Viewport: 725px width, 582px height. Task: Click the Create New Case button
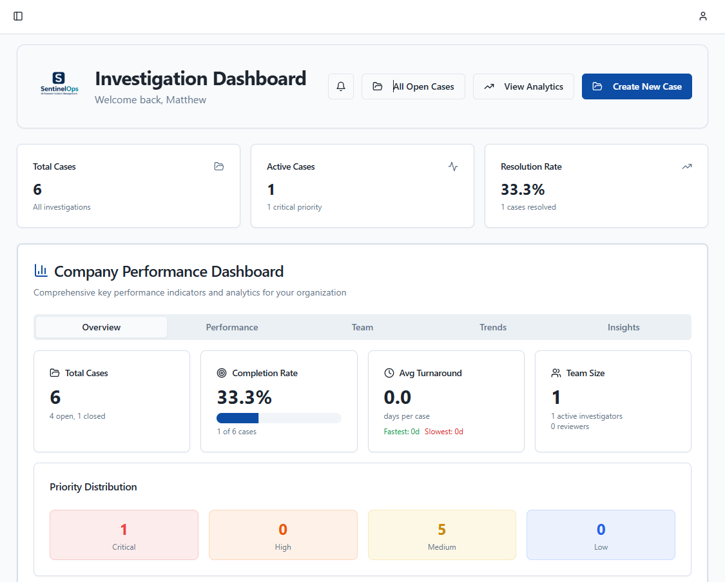tap(637, 86)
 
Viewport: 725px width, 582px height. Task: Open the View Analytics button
tap(523, 86)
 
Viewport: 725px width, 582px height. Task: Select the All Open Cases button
tap(413, 86)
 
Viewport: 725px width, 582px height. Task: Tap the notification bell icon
tap(341, 86)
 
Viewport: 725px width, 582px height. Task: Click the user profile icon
tap(703, 16)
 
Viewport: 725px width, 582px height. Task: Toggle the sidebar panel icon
tap(18, 16)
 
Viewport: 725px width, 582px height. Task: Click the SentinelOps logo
tap(59, 84)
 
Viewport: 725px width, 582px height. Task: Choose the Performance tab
tap(232, 327)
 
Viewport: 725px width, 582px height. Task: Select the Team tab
tap(362, 327)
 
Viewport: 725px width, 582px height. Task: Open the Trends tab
tap(493, 327)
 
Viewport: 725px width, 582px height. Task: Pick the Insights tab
tap(623, 327)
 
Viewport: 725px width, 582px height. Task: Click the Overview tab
tap(101, 327)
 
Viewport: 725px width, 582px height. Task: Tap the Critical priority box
tap(124, 535)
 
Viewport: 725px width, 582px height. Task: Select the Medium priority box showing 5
tap(441, 535)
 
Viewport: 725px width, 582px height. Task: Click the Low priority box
tap(601, 535)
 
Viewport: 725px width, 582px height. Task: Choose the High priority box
tap(283, 535)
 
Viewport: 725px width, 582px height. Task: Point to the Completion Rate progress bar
tap(278, 418)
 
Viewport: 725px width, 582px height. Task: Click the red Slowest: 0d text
tap(443, 432)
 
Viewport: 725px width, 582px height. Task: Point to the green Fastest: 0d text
tap(401, 432)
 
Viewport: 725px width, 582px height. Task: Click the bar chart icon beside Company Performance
tap(41, 271)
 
